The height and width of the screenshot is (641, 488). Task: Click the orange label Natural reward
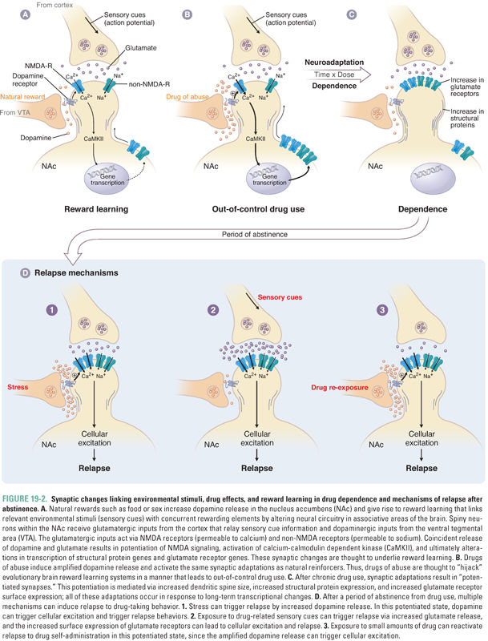pos(22,97)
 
